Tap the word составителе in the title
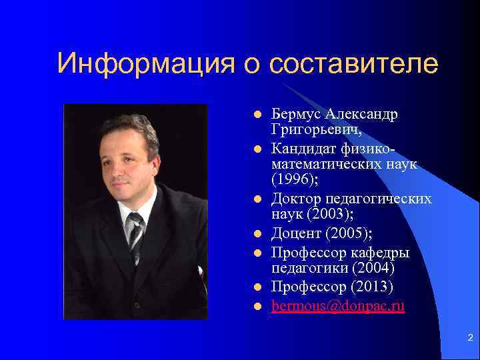354,64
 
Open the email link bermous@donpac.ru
338,307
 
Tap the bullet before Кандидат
255,145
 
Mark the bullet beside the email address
255,307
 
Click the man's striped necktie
135,233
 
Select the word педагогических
379,199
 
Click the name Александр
363,114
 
